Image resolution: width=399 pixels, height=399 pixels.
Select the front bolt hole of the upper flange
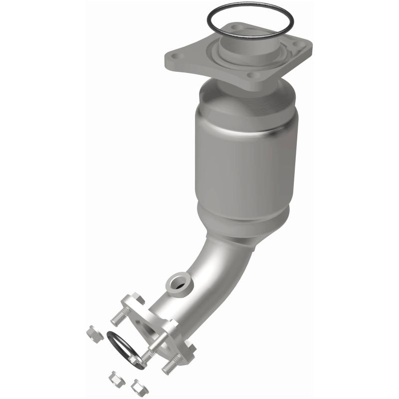[256, 76]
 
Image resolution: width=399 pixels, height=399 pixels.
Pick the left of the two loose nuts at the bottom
[114, 376]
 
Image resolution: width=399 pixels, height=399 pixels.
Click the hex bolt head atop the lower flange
[138, 300]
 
